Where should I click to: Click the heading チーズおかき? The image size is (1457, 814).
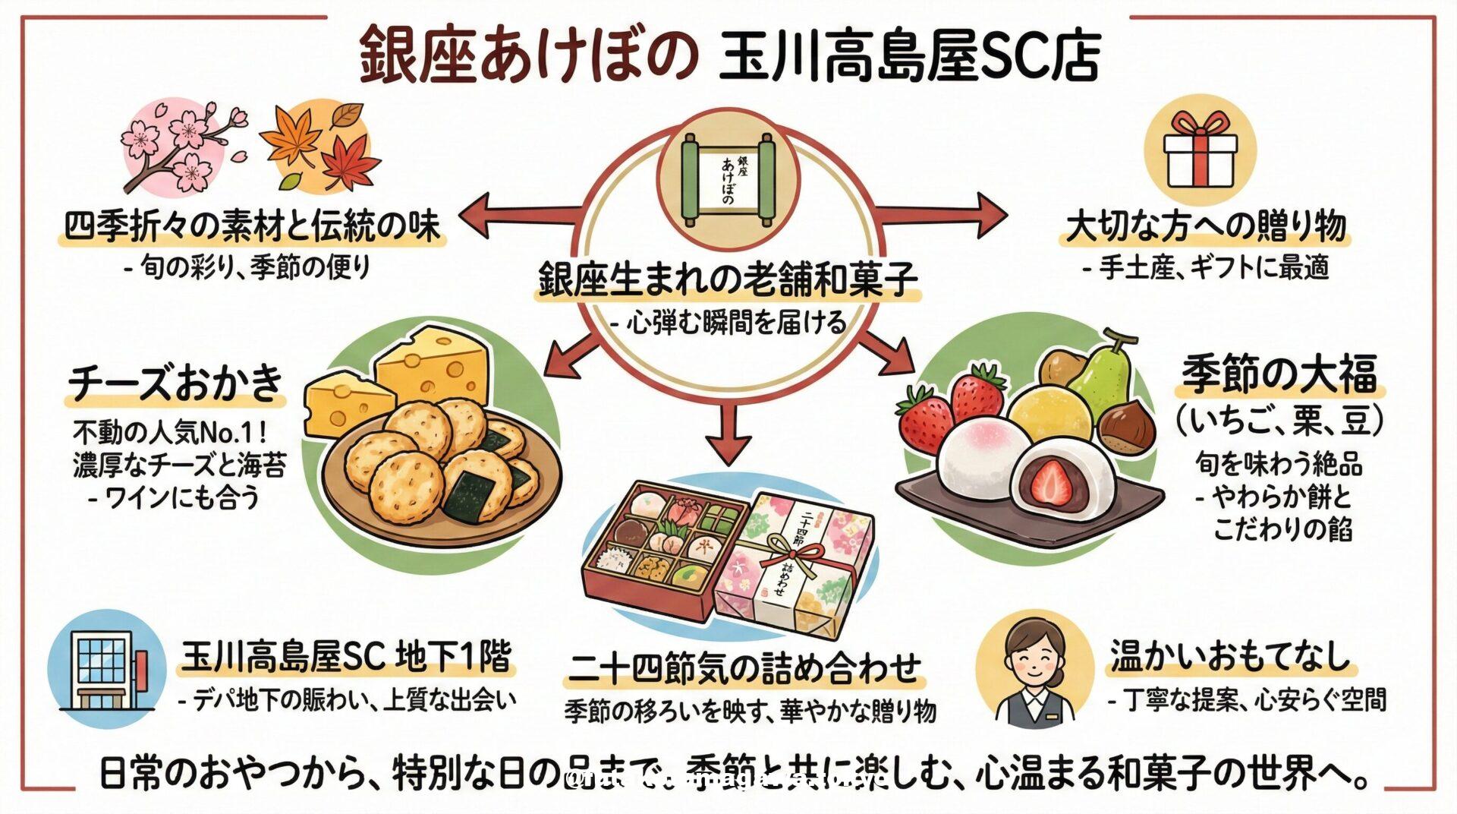(x=176, y=382)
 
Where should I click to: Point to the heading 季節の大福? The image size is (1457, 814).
(x=1279, y=376)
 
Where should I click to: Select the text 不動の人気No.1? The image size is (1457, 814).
(x=169, y=433)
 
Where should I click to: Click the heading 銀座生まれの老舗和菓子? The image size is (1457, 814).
(x=728, y=279)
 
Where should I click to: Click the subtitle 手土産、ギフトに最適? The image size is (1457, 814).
(x=1207, y=267)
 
